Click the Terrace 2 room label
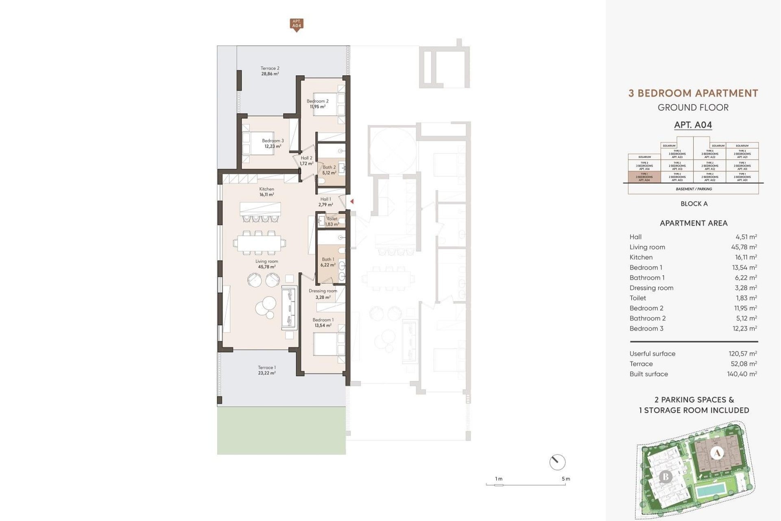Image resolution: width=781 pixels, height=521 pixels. pyautogui.click(x=270, y=71)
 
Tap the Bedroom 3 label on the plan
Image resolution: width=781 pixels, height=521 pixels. pyautogui.click(x=273, y=143)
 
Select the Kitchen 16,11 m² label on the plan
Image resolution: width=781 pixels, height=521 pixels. pyautogui.click(x=266, y=192)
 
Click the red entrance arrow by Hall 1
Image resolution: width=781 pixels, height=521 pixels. pyautogui.click(x=352, y=201)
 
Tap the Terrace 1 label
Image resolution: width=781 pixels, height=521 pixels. pyautogui.click(x=266, y=370)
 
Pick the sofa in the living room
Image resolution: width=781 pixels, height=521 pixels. pyautogui.click(x=288, y=308)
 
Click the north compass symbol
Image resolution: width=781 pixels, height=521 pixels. pyautogui.click(x=557, y=462)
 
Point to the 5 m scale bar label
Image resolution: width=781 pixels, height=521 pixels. pyautogui.click(x=566, y=479)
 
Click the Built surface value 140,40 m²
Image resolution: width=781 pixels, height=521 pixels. pyautogui.click(x=742, y=374)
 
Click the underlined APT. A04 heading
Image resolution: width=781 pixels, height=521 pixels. pyautogui.click(x=693, y=125)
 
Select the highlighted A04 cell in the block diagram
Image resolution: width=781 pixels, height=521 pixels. pyautogui.click(x=644, y=177)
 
